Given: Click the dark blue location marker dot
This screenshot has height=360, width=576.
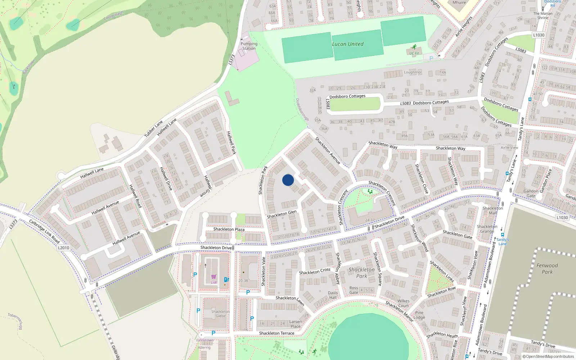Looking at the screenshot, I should pos(288,180).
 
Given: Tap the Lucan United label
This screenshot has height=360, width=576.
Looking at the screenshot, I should pos(348,44).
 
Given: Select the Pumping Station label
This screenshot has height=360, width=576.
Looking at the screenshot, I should pos(249,46).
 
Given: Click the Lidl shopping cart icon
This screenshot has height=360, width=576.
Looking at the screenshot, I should pos(214,277).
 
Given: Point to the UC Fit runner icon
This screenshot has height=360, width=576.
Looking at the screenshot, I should pos(414,47).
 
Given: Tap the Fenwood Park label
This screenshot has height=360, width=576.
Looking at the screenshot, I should pos(547,269).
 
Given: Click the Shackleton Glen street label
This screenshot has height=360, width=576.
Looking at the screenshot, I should pos(282,214).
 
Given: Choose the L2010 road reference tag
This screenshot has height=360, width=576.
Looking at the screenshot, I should pos(63,248).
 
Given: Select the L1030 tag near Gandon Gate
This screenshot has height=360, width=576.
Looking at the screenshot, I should pos(562,217).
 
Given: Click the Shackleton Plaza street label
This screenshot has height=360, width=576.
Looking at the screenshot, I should pos(229,229).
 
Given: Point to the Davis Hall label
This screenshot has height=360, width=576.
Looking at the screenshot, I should pos(333,295).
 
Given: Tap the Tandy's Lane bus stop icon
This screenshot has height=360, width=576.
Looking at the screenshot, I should pos(503,235).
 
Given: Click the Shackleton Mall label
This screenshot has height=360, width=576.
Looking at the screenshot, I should pos(493,211).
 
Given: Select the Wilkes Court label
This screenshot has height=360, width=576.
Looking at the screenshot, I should pos(403,303).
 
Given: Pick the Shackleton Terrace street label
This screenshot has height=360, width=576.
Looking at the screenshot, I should pos(276,333).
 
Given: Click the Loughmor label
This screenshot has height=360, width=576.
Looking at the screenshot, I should pos(413,72).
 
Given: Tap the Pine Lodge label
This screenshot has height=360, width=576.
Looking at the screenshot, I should pos(419,315).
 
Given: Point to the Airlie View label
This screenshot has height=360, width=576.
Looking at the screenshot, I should pos(509,148).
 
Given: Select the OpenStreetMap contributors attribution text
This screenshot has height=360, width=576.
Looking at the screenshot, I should pos(548,356).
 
